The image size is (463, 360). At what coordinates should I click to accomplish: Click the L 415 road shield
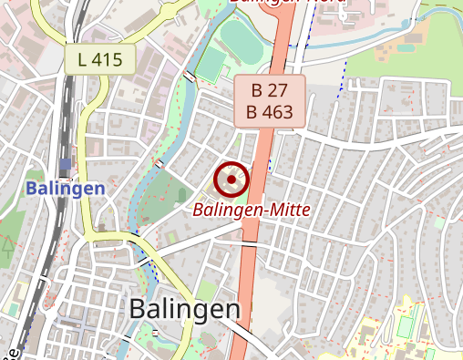click(x=99, y=60)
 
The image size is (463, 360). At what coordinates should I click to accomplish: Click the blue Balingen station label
click(x=65, y=189)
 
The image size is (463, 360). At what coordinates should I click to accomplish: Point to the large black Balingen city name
click(x=185, y=309)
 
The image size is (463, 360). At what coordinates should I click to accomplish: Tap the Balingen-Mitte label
click(x=252, y=210)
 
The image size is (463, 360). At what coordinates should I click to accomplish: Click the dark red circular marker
click(x=232, y=180)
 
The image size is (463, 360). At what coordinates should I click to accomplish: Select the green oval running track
click(x=240, y=38)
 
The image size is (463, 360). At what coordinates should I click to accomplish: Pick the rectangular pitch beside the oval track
click(x=211, y=65)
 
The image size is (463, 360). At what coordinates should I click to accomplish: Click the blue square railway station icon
click(x=64, y=165)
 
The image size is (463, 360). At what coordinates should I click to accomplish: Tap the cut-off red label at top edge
click(x=287, y=3)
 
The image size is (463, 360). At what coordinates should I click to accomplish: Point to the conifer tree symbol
click(x=7, y=243)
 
